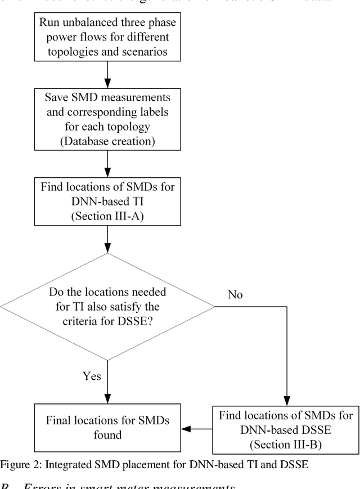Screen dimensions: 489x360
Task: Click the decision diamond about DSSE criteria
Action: click(107, 307)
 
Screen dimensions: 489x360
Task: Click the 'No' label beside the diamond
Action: click(236, 294)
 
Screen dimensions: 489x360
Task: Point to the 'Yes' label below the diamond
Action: click(92, 376)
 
